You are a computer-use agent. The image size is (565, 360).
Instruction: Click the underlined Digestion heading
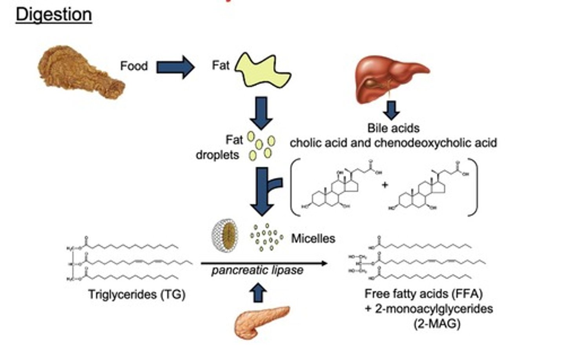(54, 15)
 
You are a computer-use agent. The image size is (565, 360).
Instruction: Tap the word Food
(134, 65)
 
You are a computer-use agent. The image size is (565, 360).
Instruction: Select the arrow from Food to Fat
(175, 67)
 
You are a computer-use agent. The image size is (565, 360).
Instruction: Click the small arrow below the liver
(391, 110)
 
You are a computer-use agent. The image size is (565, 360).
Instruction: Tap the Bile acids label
(393, 128)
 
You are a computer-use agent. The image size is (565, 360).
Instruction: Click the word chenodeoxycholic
(436, 143)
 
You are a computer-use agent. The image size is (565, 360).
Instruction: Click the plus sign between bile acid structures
(385, 185)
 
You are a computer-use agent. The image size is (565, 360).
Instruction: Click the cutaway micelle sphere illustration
(225, 236)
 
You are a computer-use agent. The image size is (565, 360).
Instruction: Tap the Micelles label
(313, 238)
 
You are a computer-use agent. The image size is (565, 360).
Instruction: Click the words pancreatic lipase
(257, 271)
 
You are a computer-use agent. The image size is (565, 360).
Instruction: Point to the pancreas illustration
(261, 322)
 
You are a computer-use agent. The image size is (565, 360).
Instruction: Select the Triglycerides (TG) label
(137, 294)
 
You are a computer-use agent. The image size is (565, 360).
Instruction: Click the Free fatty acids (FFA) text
(423, 293)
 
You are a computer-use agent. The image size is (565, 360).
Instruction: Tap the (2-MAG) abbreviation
(437, 324)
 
